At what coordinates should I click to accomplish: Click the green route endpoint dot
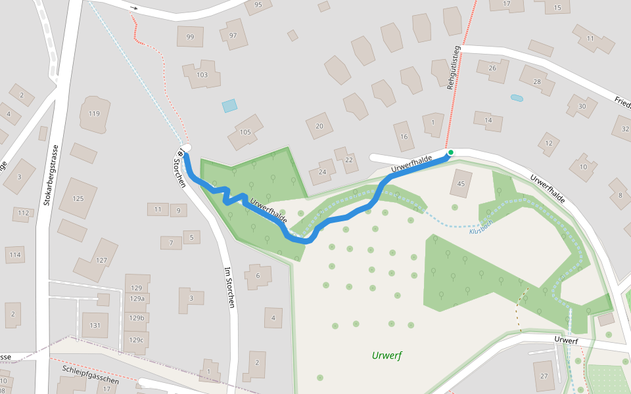450,153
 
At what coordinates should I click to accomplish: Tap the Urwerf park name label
386,356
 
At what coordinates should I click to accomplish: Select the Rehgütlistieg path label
454,68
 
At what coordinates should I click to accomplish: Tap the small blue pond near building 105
229,106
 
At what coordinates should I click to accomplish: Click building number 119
94,114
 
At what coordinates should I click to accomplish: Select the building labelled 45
461,183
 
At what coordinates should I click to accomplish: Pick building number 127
101,259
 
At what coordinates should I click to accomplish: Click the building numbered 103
202,75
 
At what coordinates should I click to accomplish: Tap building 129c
137,340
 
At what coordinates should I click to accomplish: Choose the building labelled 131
95,325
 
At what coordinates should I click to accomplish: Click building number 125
78,198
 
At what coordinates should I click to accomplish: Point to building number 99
190,37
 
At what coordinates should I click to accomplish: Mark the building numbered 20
319,126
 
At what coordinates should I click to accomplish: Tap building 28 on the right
537,81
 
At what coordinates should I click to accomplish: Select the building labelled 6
258,276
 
